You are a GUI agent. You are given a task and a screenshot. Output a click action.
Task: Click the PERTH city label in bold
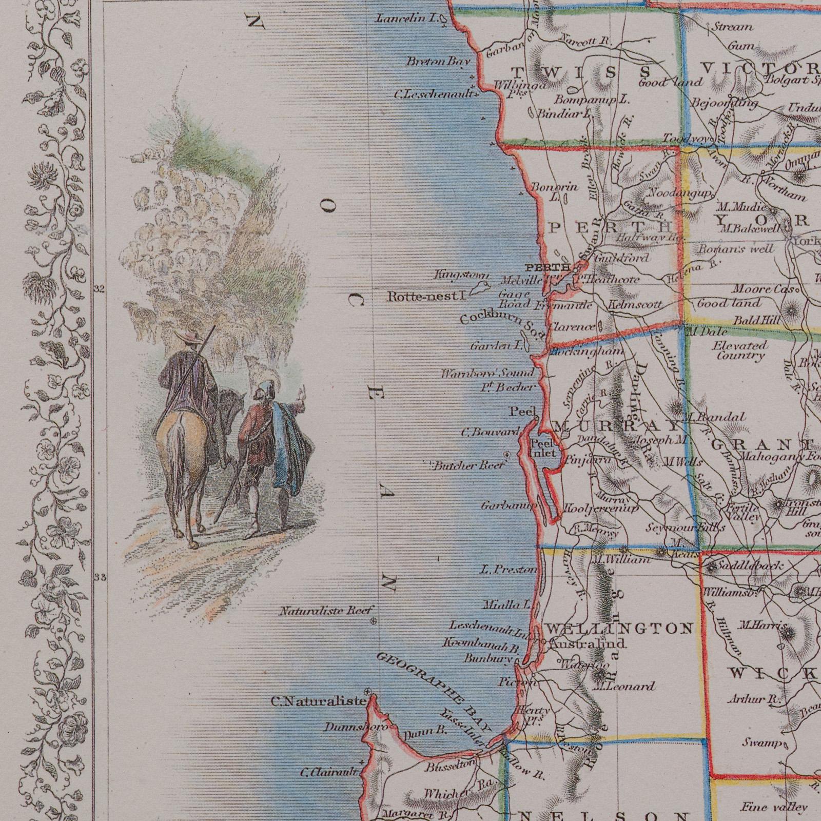click(548, 267)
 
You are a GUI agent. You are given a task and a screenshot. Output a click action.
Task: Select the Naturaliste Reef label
click(324, 612)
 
